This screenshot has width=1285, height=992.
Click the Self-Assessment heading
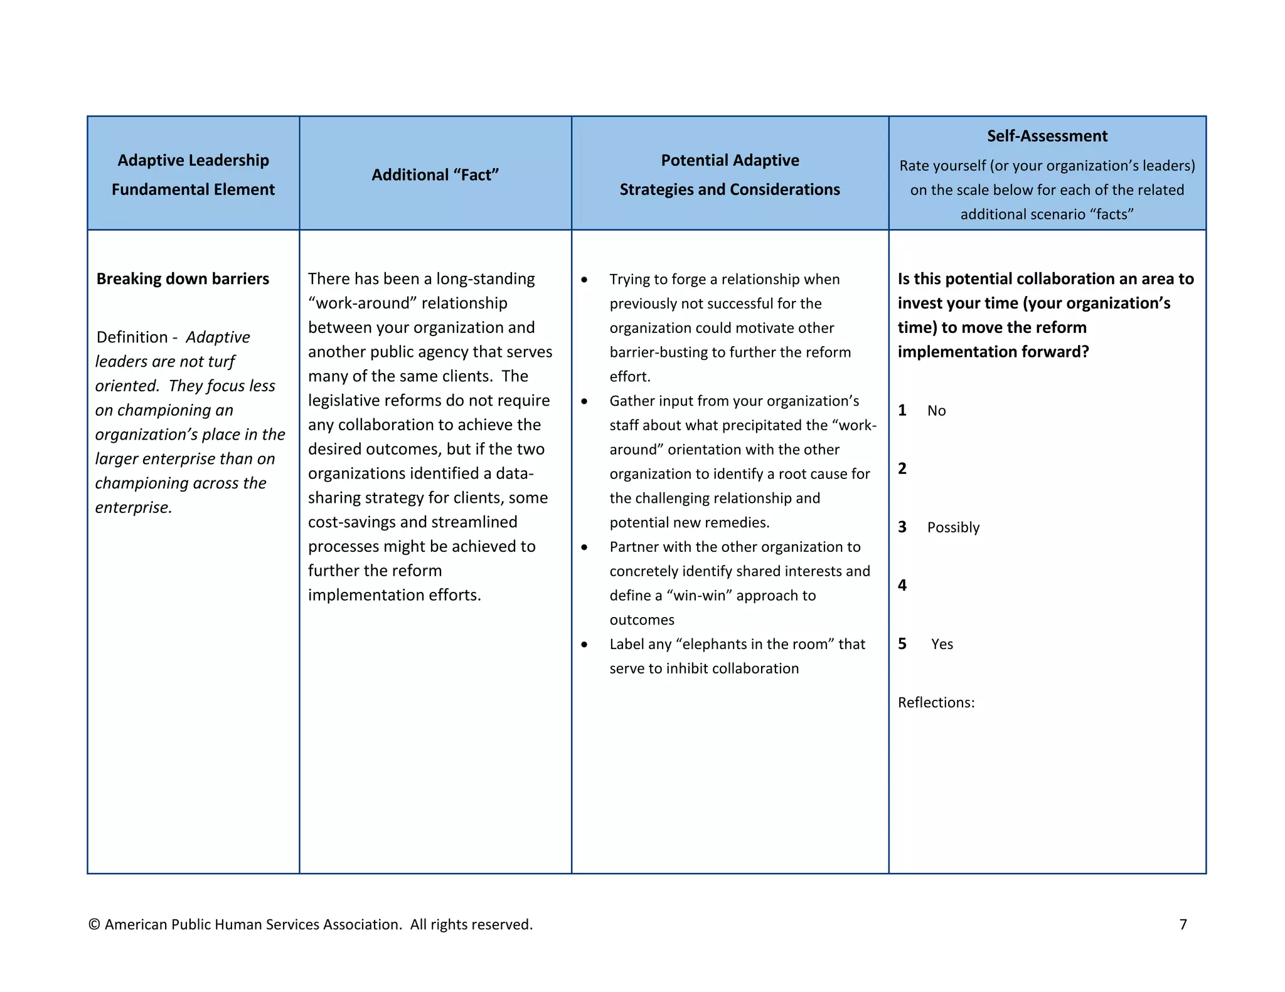pyautogui.click(x=1047, y=136)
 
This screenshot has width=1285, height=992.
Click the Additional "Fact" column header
pyautogui.click(x=435, y=175)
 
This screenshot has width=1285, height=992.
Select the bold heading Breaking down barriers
pyautogui.click(x=183, y=278)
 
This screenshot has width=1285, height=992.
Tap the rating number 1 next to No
pyautogui.click(x=902, y=410)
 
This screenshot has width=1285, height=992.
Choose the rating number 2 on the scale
pyautogui.click(x=902, y=468)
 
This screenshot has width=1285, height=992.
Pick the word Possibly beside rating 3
pyautogui.click(x=952, y=527)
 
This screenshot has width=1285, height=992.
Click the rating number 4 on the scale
pyautogui.click(x=902, y=585)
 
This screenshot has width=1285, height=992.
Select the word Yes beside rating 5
pyautogui.click(x=942, y=644)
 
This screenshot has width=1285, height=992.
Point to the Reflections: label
pyautogui.click(x=936, y=702)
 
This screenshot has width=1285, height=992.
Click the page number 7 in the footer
pyautogui.click(x=1183, y=924)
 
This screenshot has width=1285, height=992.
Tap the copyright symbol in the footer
pyautogui.click(x=94, y=924)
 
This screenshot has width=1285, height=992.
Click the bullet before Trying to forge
pyautogui.click(x=584, y=280)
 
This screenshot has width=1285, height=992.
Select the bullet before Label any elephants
pyautogui.click(x=584, y=645)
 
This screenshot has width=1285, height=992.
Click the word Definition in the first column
pyautogui.click(x=132, y=337)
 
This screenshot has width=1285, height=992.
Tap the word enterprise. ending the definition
pyautogui.click(x=133, y=507)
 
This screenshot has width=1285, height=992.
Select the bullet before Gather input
pyautogui.click(x=584, y=401)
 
